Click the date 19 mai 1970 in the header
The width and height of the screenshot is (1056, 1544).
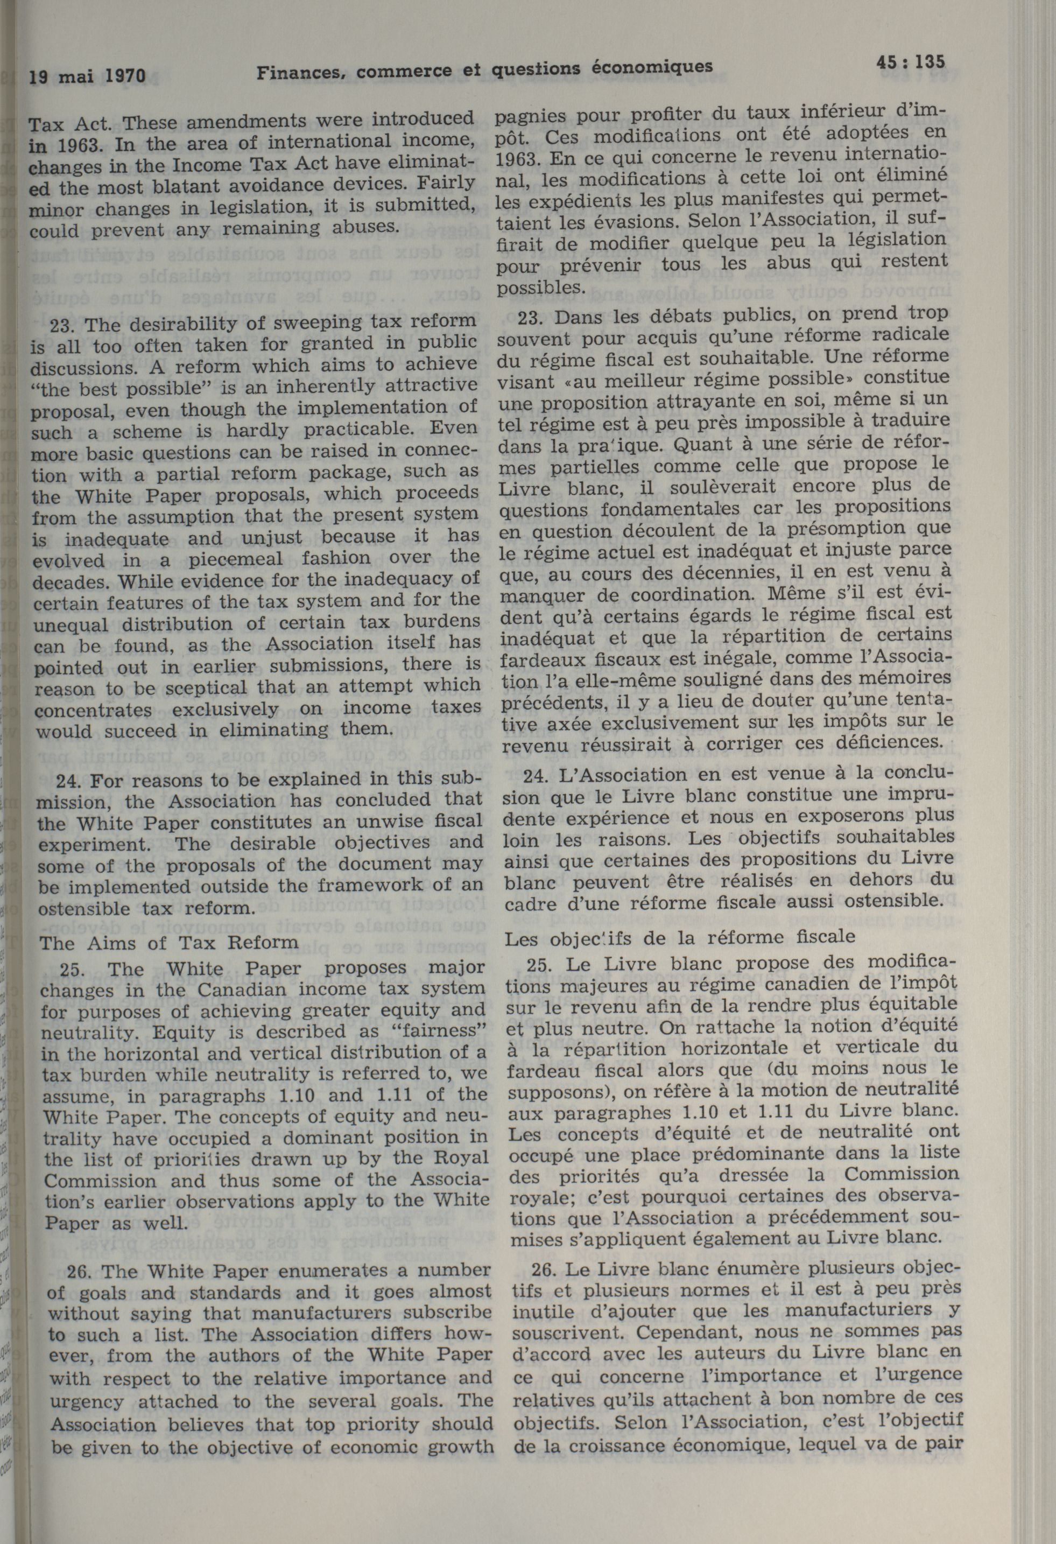point(87,76)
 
